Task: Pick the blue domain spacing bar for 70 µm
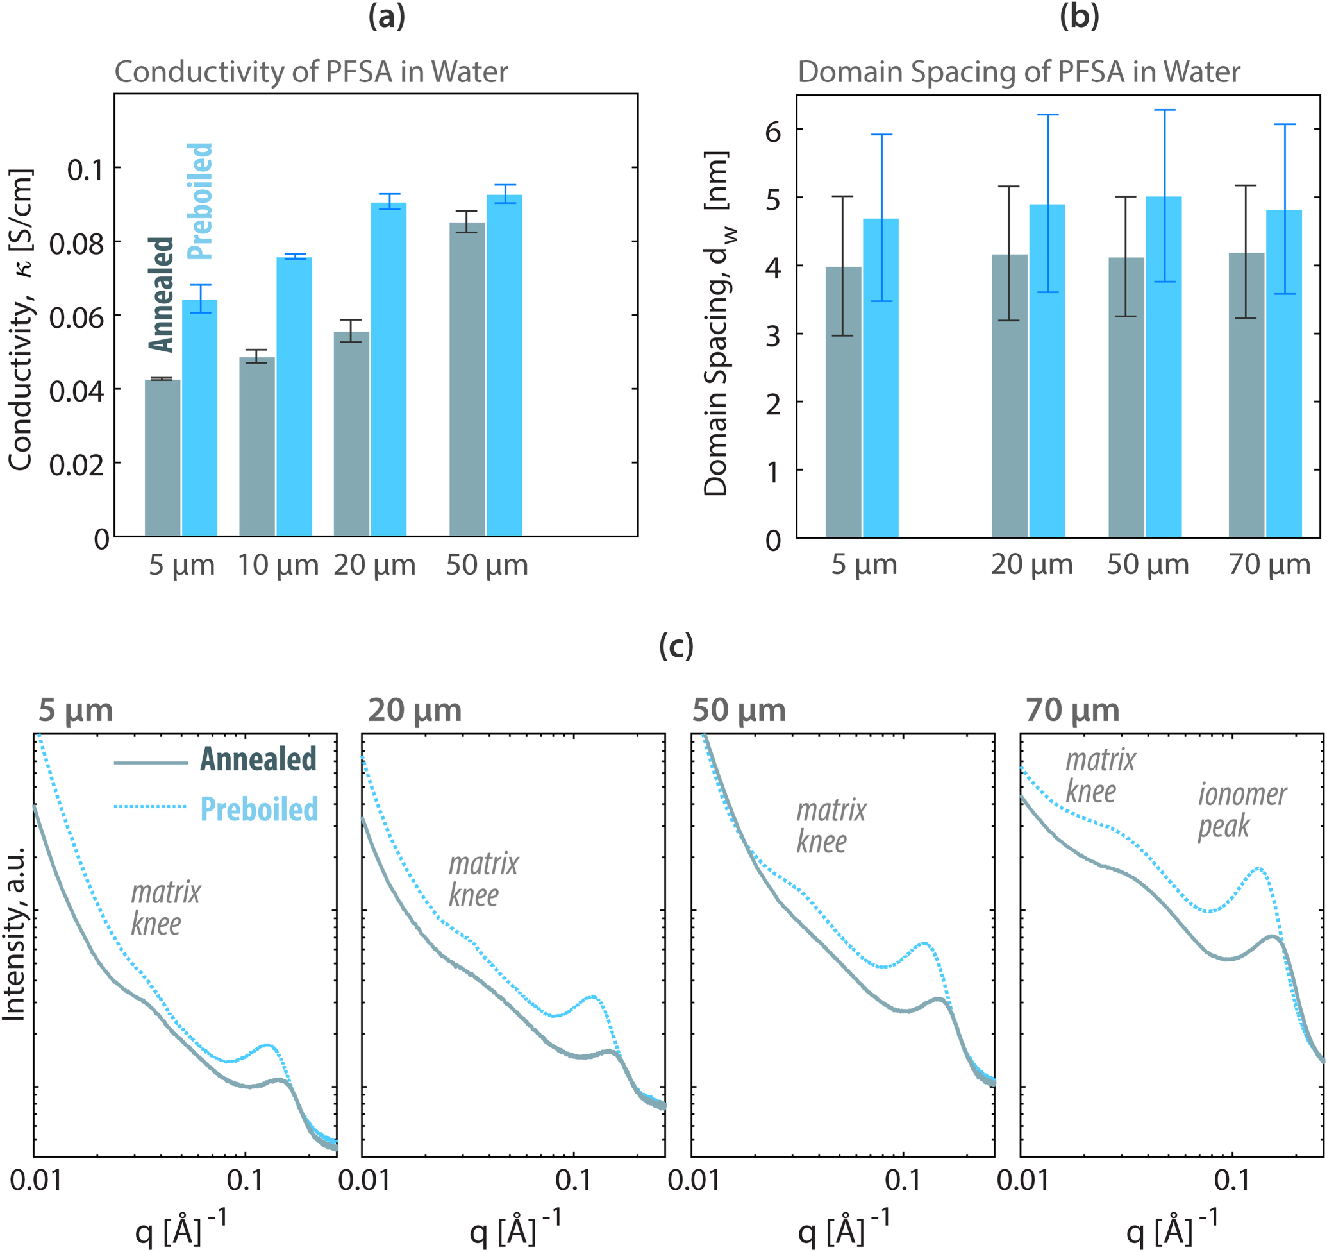click(1283, 374)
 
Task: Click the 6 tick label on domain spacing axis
click(772, 132)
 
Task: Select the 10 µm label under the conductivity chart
click(278, 566)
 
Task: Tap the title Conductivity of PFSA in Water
click(311, 71)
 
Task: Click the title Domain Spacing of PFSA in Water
click(1019, 71)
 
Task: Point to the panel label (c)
click(676, 646)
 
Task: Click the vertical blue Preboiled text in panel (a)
click(199, 201)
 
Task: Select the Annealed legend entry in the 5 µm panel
click(258, 760)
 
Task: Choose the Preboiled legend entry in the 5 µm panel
click(259, 809)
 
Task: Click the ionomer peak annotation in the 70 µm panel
click(1242, 811)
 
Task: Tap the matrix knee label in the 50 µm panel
click(830, 827)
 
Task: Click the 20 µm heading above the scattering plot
click(415, 711)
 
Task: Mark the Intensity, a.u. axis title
click(15, 935)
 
